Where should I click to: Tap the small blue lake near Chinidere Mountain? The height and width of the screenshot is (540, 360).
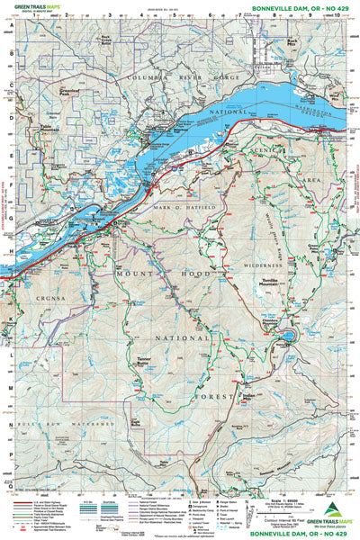[x=286, y=338]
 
